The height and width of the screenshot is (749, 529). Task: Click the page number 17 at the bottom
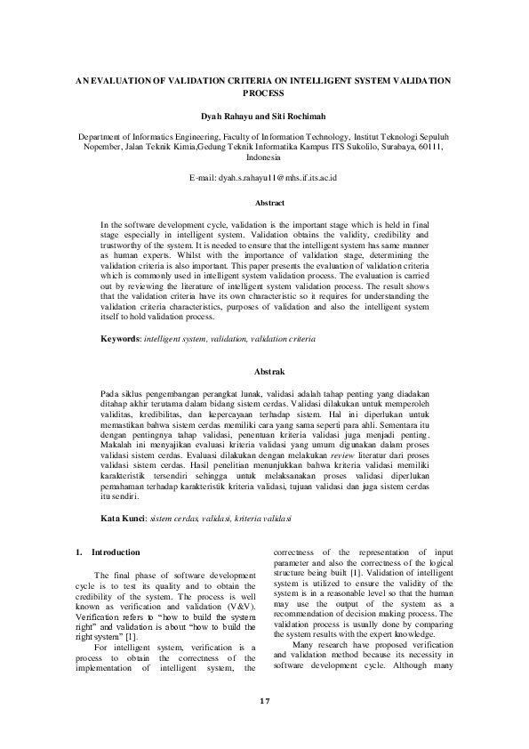click(x=264, y=700)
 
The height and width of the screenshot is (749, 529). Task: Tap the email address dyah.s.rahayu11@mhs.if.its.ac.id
click(x=264, y=178)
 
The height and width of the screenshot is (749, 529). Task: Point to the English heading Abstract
click(x=264, y=203)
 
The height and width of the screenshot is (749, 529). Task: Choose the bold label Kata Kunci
click(x=124, y=517)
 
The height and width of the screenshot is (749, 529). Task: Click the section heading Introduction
click(x=116, y=552)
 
